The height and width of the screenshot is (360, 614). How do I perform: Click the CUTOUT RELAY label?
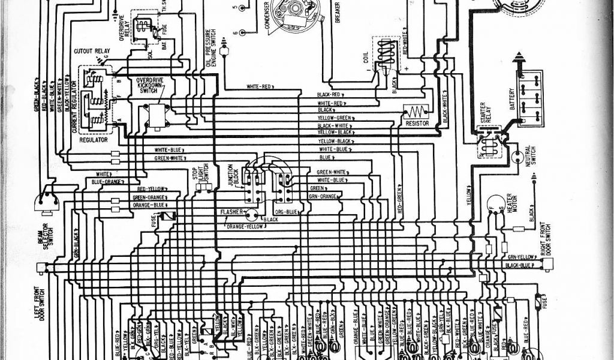point(92,52)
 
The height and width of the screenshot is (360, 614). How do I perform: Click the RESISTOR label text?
point(417,123)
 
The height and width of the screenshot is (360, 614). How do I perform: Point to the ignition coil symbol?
point(386,55)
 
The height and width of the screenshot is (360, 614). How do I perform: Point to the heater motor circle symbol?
point(495,203)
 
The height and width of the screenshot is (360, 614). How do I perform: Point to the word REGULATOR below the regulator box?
point(92,139)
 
